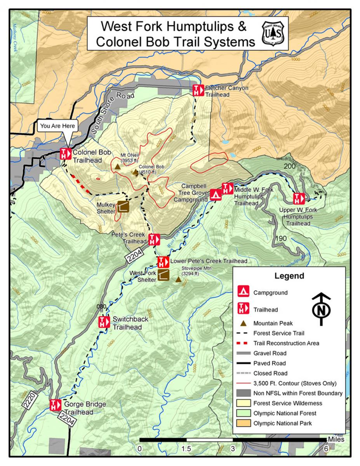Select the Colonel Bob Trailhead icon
coord(66,154)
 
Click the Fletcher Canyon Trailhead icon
coord(198,90)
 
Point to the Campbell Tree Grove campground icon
coord(216,195)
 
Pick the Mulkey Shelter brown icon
coord(123,207)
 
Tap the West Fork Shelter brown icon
coord(163,275)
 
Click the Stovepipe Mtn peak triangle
coord(178,279)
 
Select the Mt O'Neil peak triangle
coord(117,167)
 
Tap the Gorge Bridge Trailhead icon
coord(56,405)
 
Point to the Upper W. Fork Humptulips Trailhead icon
coord(298,198)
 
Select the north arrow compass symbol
coord(321,309)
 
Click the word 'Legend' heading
coord(289,276)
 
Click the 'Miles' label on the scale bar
coord(336,439)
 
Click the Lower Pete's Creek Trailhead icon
coord(162,262)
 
